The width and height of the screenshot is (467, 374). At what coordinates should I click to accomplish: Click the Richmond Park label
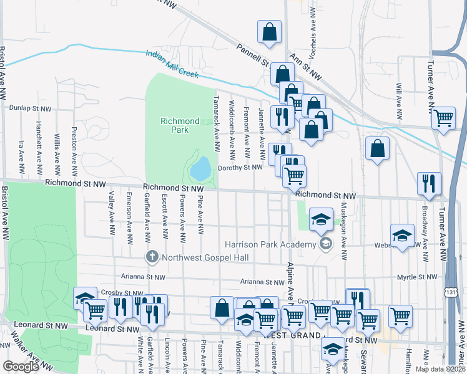(180, 125)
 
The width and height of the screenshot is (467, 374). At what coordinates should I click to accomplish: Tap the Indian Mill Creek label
(172, 64)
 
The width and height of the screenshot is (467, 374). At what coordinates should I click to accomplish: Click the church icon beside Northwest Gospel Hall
(151, 257)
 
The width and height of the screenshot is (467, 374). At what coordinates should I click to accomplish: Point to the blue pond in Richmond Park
(201, 167)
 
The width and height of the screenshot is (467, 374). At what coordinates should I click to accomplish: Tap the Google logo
(21, 366)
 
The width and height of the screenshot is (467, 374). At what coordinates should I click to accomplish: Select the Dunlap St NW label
(30, 108)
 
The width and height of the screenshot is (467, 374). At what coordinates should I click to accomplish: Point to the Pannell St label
(250, 55)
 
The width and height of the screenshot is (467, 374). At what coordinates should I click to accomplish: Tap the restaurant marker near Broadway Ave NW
(428, 182)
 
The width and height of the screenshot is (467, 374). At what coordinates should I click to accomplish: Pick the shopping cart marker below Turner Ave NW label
(443, 117)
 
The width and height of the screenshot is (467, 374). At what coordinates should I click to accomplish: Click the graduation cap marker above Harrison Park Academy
(321, 219)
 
